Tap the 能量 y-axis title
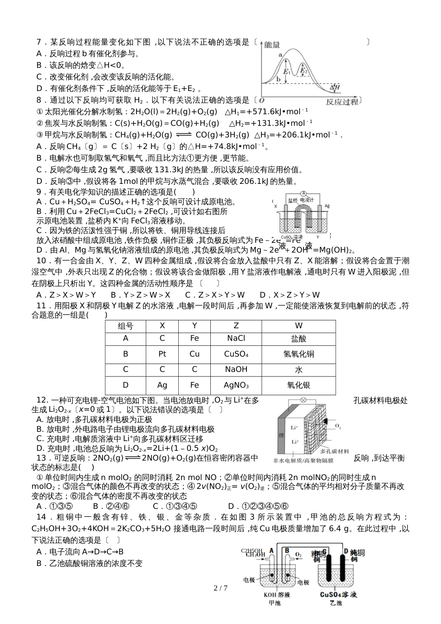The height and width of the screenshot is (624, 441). coord(272,45)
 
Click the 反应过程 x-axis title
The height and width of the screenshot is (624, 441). coord(343,102)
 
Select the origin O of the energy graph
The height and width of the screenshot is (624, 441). coord(262,100)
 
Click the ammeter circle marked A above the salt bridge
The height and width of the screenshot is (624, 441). coord(304,193)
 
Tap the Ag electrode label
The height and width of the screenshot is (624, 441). coord(327,205)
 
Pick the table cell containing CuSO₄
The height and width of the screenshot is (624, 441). coord(236,354)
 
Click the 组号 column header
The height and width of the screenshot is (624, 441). coord(125,326)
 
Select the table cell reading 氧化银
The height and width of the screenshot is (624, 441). coord(298,385)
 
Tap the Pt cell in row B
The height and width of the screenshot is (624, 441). coord(162,354)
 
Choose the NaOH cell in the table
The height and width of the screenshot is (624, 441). coord(236,370)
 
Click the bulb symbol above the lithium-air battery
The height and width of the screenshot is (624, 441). coord(303,399)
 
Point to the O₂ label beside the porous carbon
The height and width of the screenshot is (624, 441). coord(338,426)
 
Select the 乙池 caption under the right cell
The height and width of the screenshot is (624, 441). coord(336,603)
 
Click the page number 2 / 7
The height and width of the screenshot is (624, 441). coord(220,588)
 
